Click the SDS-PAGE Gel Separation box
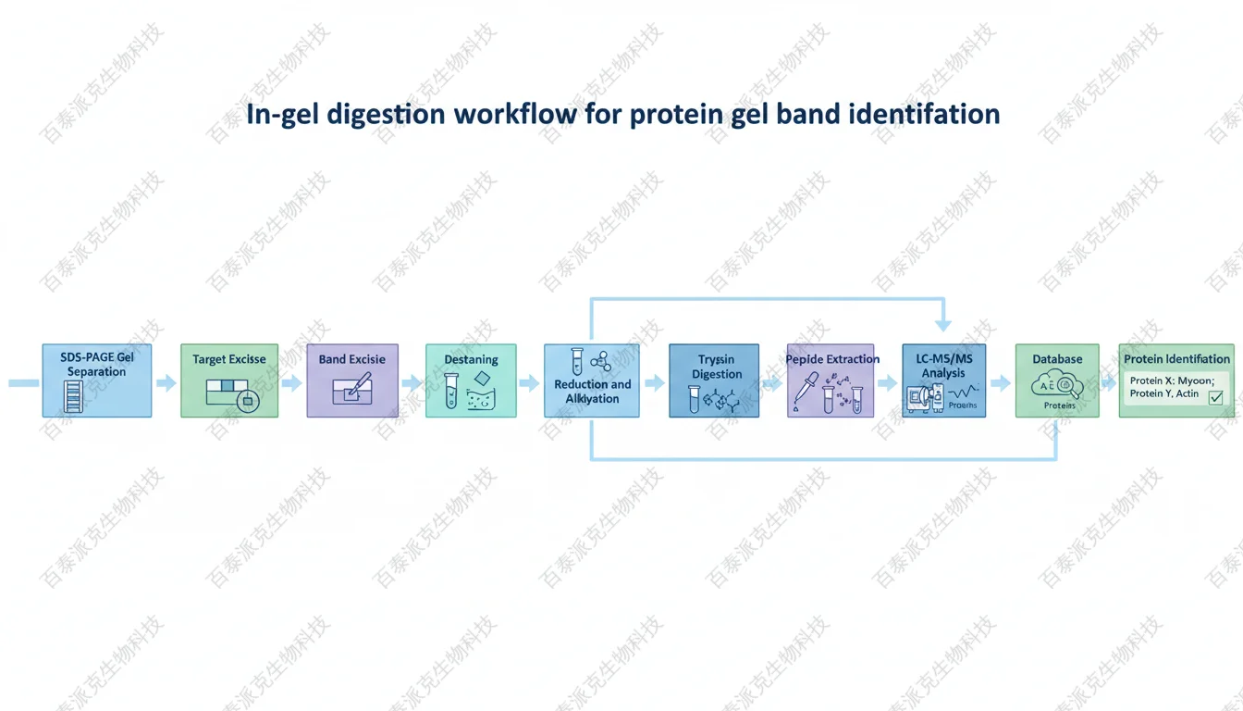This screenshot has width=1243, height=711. point(96,380)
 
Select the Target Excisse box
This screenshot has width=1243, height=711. point(228,380)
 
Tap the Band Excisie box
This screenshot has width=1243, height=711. point(352,380)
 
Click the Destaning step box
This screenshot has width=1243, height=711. point(471,380)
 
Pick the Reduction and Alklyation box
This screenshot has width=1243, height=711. point(592,380)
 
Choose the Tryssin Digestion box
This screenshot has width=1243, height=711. point(714,380)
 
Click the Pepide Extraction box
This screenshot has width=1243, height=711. point(831,380)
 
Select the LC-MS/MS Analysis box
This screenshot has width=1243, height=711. point(943,380)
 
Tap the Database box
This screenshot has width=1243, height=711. point(1058,380)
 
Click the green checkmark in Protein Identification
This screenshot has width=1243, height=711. point(1215,397)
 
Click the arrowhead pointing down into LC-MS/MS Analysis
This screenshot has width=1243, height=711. point(943,325)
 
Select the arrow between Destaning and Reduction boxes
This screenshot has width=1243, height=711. point(530,382)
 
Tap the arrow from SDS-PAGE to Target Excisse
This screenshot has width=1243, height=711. point(166,382)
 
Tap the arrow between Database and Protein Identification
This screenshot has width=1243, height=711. point(1107,382)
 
